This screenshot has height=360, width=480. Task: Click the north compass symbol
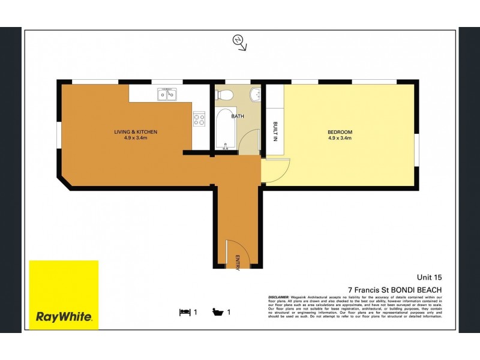click(239, 41)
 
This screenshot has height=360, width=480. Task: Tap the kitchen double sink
click(166, 94)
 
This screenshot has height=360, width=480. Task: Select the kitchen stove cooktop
click(199, 119)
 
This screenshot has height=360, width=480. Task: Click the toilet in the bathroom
click(226, 95)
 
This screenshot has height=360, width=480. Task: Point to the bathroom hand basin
click(256, 94)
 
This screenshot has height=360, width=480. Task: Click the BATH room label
click(237, 116)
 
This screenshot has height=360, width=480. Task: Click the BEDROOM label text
click(340, 132)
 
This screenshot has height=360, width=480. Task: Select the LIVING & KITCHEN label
click(136, 132)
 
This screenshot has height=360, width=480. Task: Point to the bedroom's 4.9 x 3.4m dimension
click(340, 139)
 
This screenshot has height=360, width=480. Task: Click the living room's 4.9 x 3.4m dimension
click(136, 139)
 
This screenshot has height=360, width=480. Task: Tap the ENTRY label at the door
click(238, 263)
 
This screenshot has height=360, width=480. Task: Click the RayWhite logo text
click(64, 317)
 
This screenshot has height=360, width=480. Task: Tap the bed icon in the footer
click(185, 311)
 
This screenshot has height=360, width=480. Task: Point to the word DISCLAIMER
click(280, 296)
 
